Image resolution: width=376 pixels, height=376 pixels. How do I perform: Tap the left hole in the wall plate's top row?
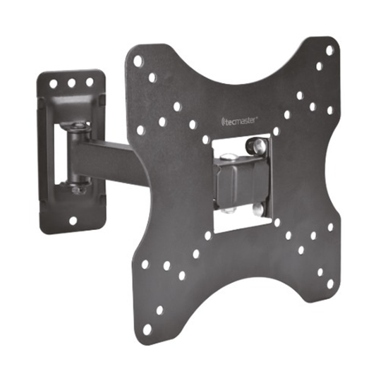point(53,84)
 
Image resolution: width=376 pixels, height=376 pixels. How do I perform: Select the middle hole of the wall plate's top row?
point(71,83)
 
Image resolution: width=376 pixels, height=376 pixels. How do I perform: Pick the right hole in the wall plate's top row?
point(90,82)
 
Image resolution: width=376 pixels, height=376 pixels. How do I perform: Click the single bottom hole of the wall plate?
point(73,221)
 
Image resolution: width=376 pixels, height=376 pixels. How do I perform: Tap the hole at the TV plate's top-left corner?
point(138,61)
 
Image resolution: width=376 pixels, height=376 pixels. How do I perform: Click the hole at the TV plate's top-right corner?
point(330,50)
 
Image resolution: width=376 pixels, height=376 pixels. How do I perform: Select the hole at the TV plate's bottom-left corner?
point(147,329)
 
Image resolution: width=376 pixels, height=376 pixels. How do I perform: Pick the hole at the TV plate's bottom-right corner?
point(330,284)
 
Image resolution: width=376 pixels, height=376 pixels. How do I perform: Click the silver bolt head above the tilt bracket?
point(228,157)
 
